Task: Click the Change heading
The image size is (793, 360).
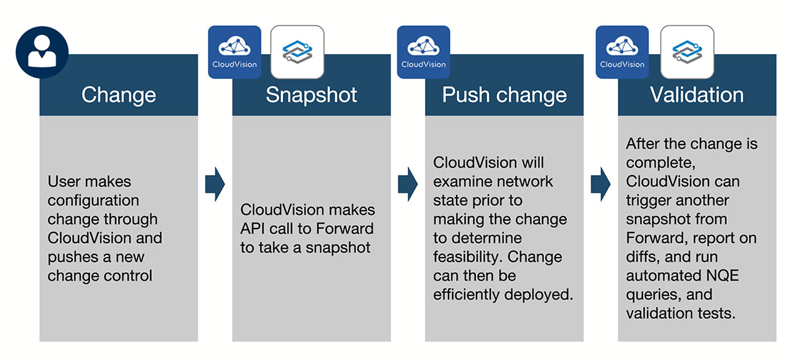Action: (x=118, y=94)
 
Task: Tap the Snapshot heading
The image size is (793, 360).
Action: (x=311, y=94)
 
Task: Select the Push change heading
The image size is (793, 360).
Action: (x=504, y=94)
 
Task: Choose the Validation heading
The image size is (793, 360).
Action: (x=697, y=94)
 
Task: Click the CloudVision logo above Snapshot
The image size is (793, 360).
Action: (x=235, y=52)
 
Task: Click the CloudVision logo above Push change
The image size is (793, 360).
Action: (x=424, y=52)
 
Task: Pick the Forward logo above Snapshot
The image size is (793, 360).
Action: (x=297, y=52)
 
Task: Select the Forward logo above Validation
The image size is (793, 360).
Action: (x=687, y=52)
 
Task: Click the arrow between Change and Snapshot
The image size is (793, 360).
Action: (x=215, y=184)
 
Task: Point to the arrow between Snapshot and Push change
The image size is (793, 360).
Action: (x=408, y=184)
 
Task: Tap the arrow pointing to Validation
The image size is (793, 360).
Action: (x=601, y=184)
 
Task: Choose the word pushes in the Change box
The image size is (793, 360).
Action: (x=71, y=257)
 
